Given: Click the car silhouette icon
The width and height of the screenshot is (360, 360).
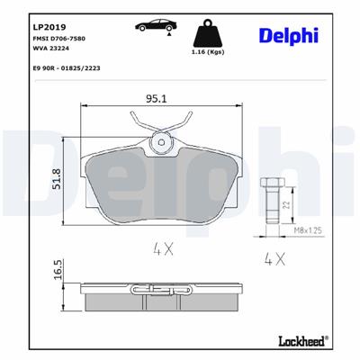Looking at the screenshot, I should (x=149, y=27).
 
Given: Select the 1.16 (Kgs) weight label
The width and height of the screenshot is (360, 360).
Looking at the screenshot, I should (x=208, y=57).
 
